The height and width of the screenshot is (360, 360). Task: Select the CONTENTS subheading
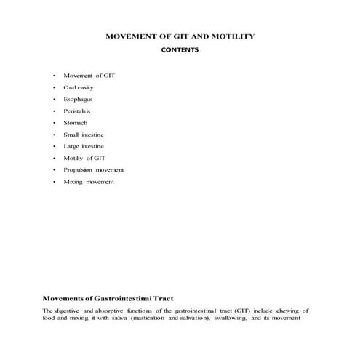tap(180, 50)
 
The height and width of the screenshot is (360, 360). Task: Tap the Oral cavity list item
tap(79, 87)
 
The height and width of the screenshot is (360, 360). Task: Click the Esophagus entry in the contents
tap(78, 99)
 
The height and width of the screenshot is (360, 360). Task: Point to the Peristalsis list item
tap(79, 111)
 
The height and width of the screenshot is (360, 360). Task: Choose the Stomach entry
tap(76, 122)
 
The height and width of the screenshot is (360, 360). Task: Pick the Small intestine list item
tap(84, 135)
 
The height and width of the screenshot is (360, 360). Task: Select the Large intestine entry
tap(84, 146)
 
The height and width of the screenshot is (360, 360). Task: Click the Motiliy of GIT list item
tap(85, 158)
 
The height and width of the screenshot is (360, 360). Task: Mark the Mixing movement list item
tap(89, 181)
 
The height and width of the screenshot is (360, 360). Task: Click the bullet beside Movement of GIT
tap(54, 76)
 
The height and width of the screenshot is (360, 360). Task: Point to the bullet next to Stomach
tap(54, 122)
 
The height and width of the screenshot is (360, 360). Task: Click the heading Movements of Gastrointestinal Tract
tap(108, 298)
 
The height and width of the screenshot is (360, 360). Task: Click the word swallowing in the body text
tap(253, 317)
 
